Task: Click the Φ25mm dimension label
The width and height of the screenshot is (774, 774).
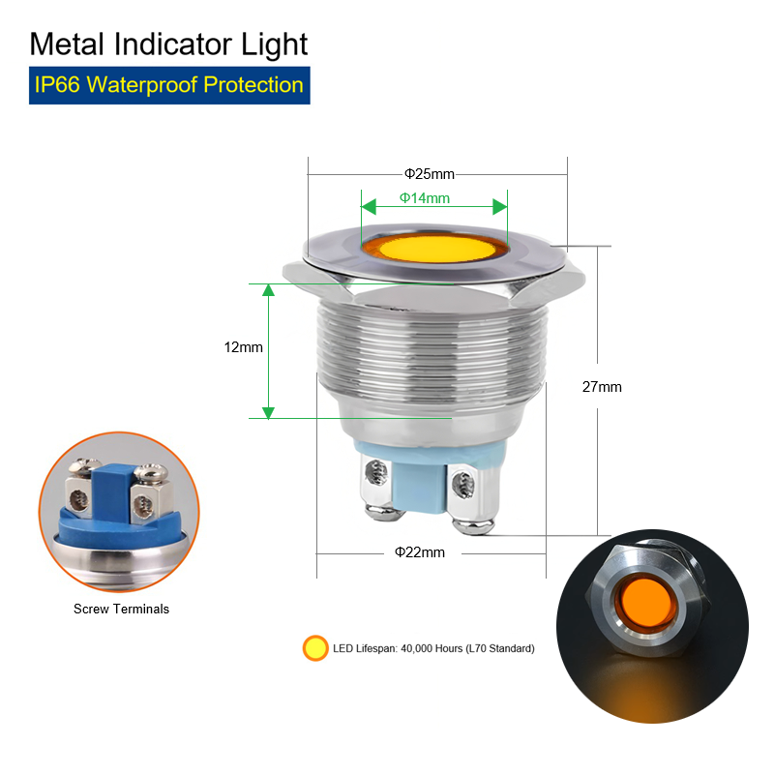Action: (x=430, y=174)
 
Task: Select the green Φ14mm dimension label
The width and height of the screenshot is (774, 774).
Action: (x=425, y=198)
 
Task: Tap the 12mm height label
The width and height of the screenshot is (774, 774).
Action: (x=244, y=347)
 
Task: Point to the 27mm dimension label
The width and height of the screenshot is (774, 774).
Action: (x=602, y=386)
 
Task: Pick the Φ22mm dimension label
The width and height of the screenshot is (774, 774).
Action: (x=420, y=551)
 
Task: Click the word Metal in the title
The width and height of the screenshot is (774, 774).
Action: (x=67, y=45)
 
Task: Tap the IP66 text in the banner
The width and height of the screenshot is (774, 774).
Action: (x=57, y=85)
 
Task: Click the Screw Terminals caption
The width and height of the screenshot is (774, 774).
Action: (x=122, y=609)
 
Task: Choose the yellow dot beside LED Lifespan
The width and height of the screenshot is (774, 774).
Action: (x=315, y=648)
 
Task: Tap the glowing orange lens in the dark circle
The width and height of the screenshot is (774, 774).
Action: (x=647, y=603)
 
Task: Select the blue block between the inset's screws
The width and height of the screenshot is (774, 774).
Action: (x=111, y=492)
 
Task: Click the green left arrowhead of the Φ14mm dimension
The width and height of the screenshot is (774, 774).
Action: (x=369, y=207)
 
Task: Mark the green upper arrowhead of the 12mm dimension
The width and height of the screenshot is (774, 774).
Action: (x=268, y=290)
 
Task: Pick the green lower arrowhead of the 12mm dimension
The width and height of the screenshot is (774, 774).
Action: (x=268, y=413)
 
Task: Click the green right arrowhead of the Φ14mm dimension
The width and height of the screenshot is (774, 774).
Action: (x=500, y=207)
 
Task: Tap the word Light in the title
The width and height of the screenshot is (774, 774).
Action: (x=274, y=45)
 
